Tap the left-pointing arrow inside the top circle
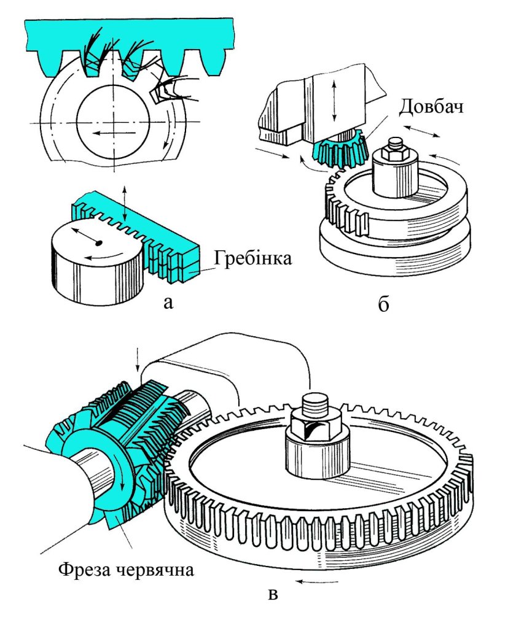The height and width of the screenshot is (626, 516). [113, 131]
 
